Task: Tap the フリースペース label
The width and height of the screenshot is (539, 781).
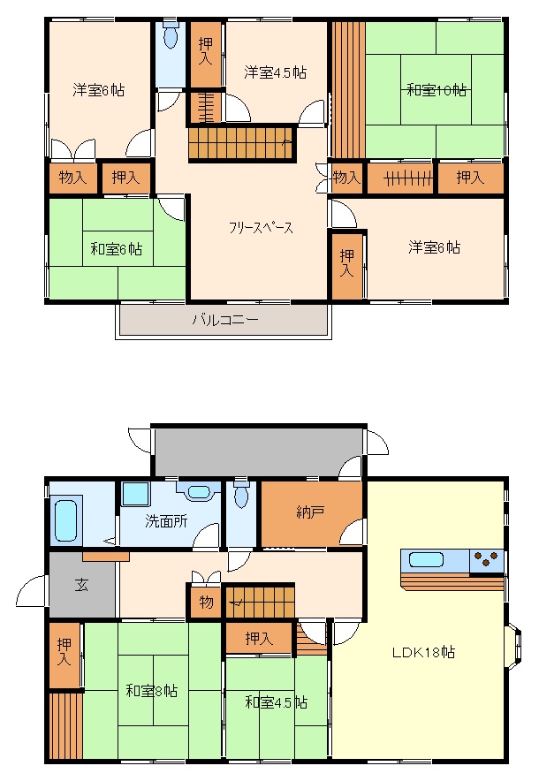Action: click(261, 228)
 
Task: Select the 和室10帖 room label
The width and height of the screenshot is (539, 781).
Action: click(437, 89)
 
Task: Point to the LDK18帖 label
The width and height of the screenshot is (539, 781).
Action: click(424, 653)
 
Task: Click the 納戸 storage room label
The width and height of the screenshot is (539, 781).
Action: click(310, 510)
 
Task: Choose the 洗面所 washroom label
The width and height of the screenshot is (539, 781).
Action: click(166, 520)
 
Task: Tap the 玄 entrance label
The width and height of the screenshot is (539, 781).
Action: click(81, 584)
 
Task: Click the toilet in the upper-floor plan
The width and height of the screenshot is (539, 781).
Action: click(171, 39)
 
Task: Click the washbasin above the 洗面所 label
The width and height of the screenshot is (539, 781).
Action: click(199, 492)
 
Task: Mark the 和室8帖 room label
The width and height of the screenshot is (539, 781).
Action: click(150, 691)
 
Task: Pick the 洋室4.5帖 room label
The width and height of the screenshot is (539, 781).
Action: click(275, 72)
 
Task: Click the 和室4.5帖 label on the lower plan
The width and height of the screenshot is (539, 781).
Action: click(276, 702)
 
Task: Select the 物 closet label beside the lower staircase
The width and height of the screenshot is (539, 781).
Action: click(206, 603)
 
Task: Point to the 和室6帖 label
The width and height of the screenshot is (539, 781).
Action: click(116, 249)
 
